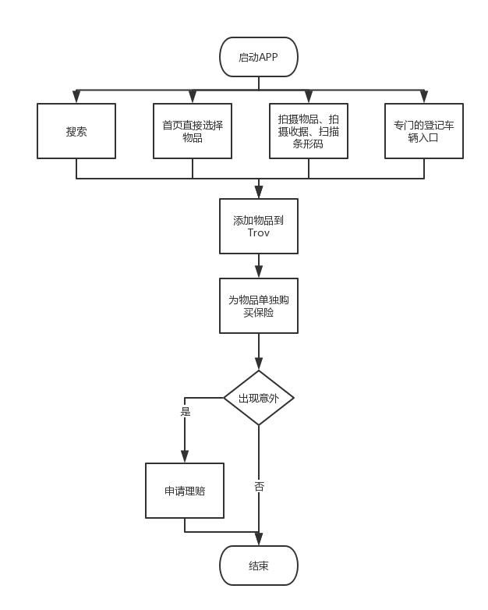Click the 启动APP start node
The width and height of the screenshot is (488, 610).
[x=259, y=57]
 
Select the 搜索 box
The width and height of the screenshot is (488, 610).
[x=76, y=131]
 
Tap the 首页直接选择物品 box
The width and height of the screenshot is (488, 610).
[x=193, y=131]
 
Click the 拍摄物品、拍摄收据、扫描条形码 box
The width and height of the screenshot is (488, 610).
[x=309, y=131]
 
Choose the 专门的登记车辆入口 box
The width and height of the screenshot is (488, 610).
[x=424, y=131]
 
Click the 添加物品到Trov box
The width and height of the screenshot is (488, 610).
[x=259, y=226]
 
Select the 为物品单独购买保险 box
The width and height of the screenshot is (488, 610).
[x=259, y=306]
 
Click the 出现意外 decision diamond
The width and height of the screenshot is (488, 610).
[x=259, y=398]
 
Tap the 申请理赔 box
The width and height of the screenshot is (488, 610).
[x=185, y=491]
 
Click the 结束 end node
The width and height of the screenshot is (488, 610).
[x=259, y=566]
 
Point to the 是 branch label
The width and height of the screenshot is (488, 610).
[x=186, y=411]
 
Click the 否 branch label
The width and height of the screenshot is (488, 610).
[x=260, y=486]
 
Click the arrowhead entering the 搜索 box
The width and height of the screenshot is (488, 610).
[x=76, y=97]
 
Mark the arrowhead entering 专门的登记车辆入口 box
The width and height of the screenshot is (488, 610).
[x=424, y=97]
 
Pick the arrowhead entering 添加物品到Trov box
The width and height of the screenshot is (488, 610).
[x=259, y=192]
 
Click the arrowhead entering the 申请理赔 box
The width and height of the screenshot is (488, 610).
[x=185, y=456]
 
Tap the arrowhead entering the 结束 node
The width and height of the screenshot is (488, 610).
[x=259, y=539]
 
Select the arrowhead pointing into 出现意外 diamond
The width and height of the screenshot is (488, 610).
[x=259, y=364]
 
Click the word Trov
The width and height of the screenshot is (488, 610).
[x=259, y=233]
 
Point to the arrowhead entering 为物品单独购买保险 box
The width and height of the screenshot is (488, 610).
[x=259, y=271]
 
